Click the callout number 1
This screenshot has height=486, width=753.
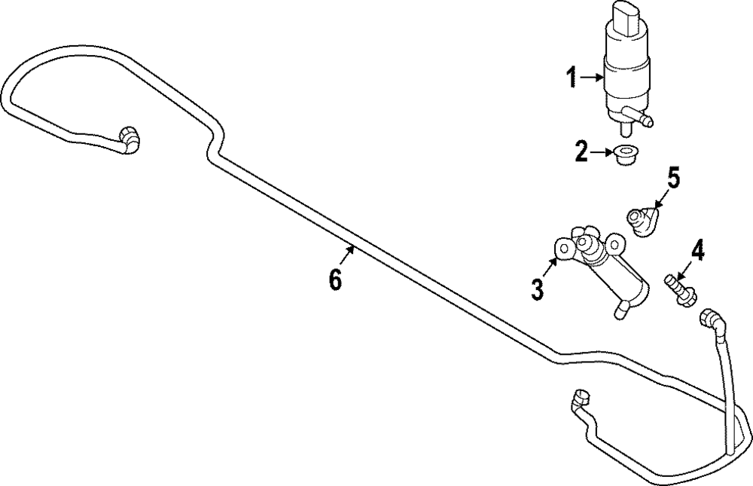point(572,77)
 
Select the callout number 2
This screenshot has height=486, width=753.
point(581,153)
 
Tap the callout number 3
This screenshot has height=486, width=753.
point(537,289)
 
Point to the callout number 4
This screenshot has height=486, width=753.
point(698,250)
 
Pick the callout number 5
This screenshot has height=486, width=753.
point(672,179)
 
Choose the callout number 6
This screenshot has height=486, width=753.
point(335,280)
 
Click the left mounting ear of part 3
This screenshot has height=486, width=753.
point(562,245)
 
